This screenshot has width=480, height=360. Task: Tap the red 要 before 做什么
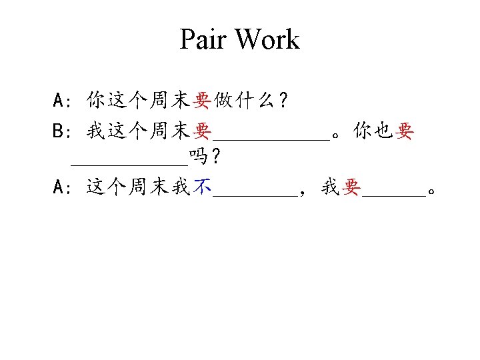coord(201,101)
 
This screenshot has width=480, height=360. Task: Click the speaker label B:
coord(63,132)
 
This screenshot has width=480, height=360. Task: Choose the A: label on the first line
coord(63,101)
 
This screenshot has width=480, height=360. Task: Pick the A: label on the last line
coord(63,189)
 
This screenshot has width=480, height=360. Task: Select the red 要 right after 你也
coord(404,132)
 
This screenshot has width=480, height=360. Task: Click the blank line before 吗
coord(129,164)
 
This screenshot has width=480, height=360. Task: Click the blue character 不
coord(201,189)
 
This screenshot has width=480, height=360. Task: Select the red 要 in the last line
coord(351,189)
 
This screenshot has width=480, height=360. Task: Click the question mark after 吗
coord(215,159)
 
